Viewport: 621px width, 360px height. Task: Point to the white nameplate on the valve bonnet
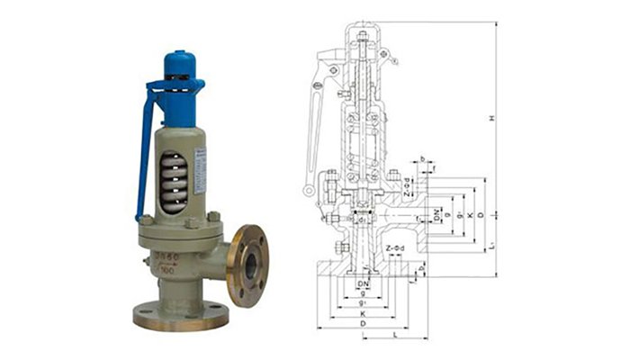[x=201, y=171]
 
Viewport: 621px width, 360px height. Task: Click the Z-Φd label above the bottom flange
[x=395, y=248]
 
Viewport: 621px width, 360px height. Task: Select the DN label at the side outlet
[x=436, y=213]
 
